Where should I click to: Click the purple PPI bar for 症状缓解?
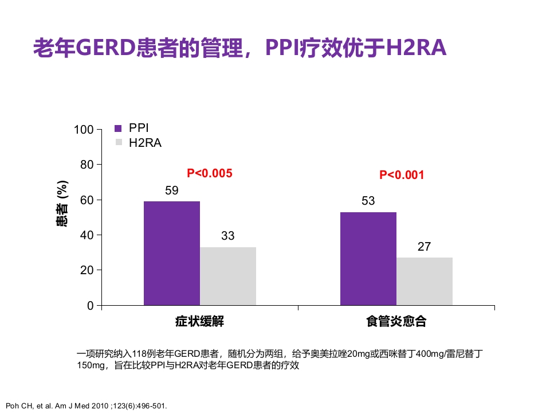coord(172,253)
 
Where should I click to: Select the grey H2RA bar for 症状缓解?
coord(228,276)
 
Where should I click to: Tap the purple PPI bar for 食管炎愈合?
coord(368,258)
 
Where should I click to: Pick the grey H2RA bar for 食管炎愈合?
coord(425,281)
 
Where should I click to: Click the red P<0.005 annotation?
coord(210,173)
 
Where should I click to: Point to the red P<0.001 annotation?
coord(402,175)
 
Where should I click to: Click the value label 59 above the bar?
coord(172,190)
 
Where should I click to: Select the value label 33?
coord(228,236)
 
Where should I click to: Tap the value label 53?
coord(368,201)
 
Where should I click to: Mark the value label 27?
coord(424,247)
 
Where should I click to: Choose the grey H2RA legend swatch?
coord(119,142)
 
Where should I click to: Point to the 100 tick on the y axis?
coord(84,130)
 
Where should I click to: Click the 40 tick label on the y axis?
coord(86,235)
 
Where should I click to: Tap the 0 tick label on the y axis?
coord(90,306)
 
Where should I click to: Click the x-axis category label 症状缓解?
coord(199,321)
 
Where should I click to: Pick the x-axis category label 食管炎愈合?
coord(396,321)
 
